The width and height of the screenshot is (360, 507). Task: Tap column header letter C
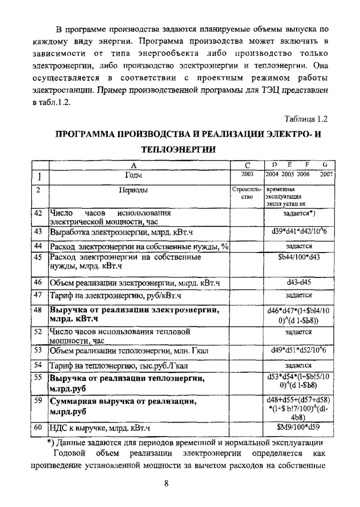click(x=247, y=165)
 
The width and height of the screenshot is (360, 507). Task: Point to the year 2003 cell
click(x=247, y=175)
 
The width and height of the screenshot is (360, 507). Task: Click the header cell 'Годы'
click(x=134, y=175)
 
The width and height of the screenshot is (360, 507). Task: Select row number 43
click(x=38, y=231)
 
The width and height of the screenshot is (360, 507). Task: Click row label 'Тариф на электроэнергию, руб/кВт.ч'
click(x=115, y=295)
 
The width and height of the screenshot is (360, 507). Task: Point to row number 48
click(x=38, y=310)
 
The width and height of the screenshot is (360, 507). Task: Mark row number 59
click(x=38, y=400)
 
